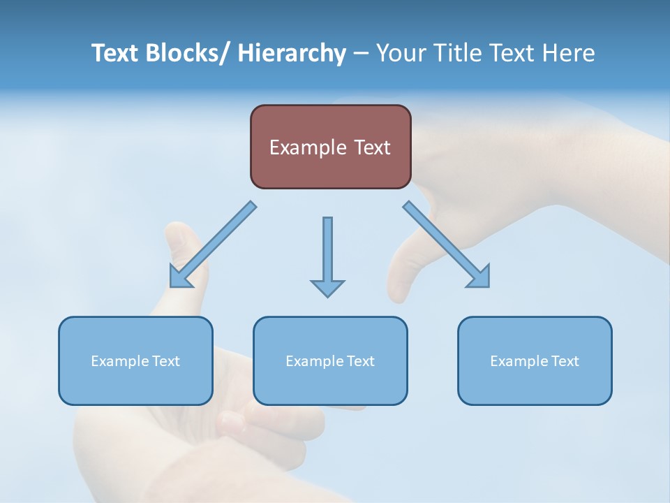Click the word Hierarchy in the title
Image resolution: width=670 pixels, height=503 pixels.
[292, 53]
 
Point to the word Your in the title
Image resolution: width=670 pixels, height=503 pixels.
[401, 53]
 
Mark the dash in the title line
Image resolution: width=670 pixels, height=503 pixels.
[361, 54]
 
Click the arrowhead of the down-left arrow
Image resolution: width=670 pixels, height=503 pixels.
[179, 278]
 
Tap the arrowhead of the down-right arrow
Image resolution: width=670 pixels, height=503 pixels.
[480, 277]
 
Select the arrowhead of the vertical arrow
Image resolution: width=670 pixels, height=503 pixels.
[327, 288]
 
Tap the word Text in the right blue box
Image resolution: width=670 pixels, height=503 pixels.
[565, 361]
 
